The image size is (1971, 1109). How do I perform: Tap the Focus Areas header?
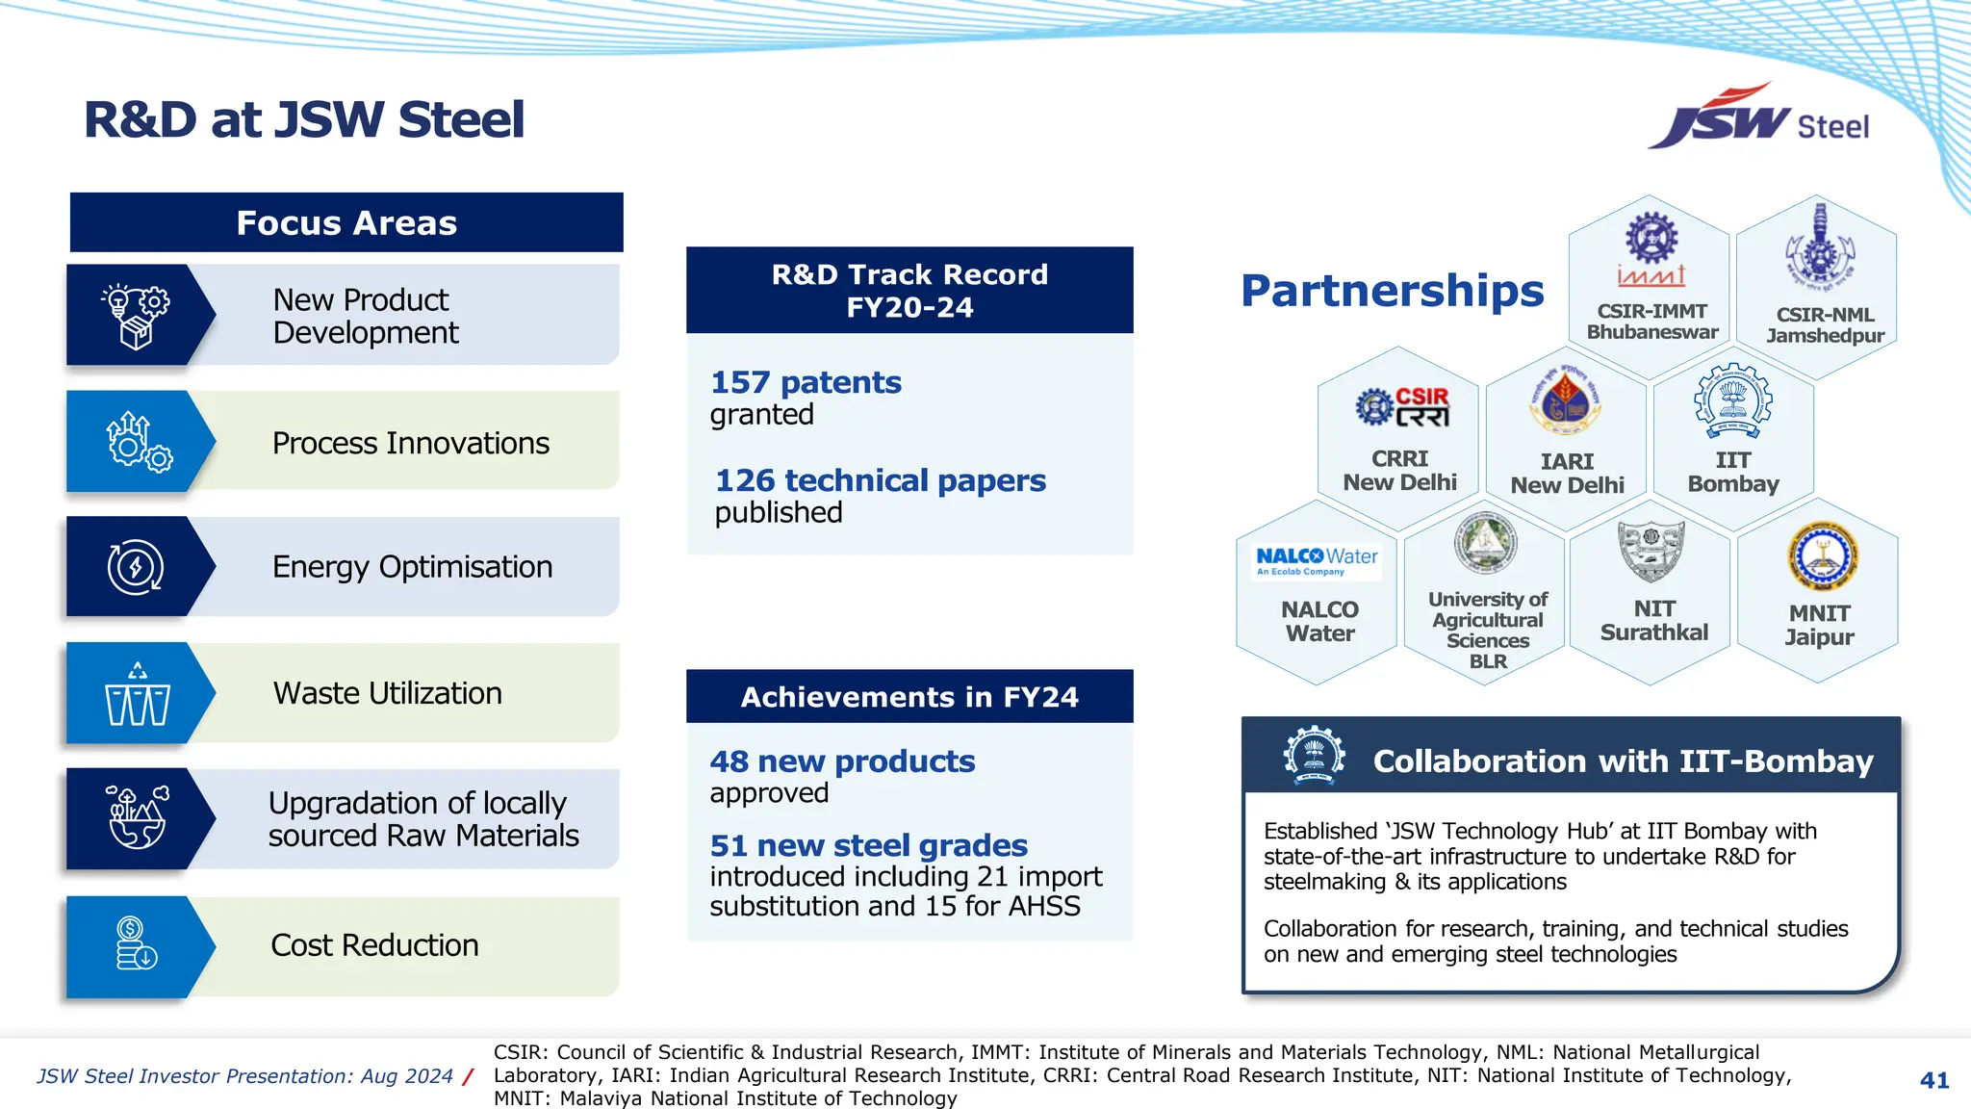click(x=346, y=223)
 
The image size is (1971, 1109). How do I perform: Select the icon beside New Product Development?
click(x=135, y=316)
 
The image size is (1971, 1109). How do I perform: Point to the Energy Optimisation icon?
click(x=136, y=567)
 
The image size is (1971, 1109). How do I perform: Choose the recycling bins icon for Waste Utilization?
click(x=137, y=694)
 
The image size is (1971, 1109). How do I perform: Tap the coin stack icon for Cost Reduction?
click(x=136, y=944)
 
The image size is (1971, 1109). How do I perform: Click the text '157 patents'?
click(x=806, y=383)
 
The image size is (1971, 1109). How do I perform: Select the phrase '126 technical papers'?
click(x=880, y=480)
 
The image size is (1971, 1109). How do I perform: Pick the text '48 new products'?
click(x=842, y=761)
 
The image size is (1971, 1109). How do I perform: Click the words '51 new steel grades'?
click(x=868, y=845)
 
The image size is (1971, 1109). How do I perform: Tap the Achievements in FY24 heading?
click(x=909, y=697)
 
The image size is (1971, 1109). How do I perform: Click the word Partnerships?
click(x=1392, y=291)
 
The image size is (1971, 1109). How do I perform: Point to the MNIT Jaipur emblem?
click(x=1822, y=556)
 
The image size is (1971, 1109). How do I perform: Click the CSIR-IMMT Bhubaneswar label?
click(x=1651, y=322)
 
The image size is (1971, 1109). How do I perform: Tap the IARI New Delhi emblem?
click(x=1566, y=403)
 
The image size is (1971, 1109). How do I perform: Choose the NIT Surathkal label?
click(x=1653, y=621)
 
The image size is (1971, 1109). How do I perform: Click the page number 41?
click(x=1933, y=1080)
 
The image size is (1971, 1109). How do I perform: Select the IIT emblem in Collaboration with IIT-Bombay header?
click(x=1314, y=756)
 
